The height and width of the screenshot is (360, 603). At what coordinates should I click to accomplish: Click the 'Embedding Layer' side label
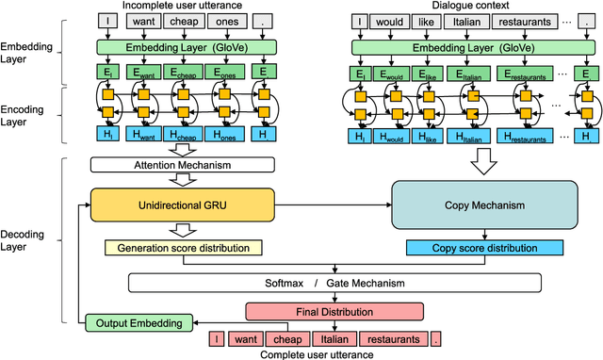pos(28,53)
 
